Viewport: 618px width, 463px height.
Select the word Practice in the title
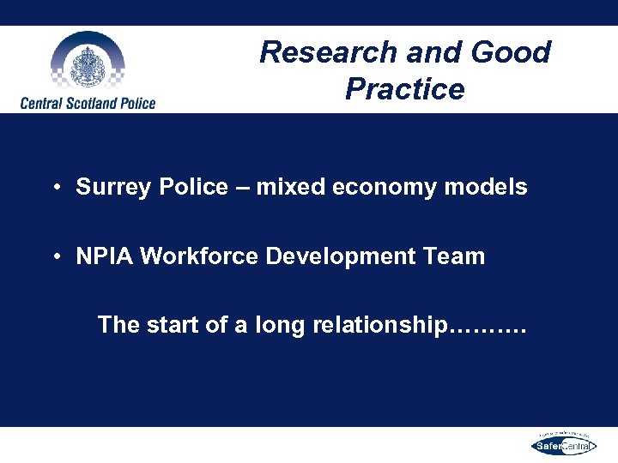pyautogui.click(x=404, y=89)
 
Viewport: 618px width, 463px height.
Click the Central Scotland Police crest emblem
pyautogui.click(x=87, y=64)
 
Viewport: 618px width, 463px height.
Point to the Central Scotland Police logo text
pyautogui.click(x=88, y=104)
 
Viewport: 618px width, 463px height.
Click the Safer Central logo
pyautogui.click(x=562, y=444)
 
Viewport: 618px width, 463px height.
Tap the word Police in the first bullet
pyautogui.click(x=197, y=187)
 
